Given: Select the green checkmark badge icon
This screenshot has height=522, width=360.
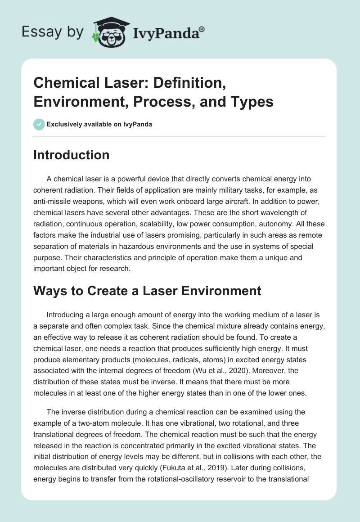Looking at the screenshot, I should [39, 124].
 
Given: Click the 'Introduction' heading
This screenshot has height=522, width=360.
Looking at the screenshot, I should [71, 155].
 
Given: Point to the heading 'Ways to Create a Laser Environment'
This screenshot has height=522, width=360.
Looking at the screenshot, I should [147, 291].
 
